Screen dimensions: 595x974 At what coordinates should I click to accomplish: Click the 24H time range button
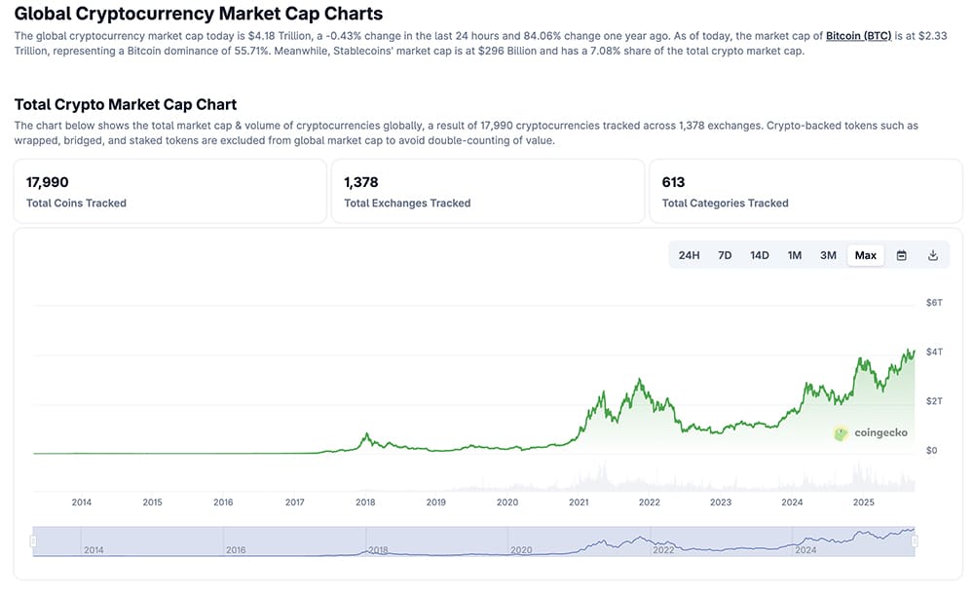[689, 255]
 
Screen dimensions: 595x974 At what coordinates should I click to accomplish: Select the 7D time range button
[725, 255]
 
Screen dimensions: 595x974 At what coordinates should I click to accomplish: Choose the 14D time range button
[760, 255]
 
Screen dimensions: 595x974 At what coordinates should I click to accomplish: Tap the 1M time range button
[795, 255]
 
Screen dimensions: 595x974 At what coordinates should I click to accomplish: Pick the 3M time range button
[828, 255]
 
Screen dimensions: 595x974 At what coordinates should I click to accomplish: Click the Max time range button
[865, 255]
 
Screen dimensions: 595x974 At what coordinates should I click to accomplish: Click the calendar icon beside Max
[902, 255]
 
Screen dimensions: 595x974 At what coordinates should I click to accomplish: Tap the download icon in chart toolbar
[933, 255]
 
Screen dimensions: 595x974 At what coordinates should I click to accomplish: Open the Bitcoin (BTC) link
[858, 36]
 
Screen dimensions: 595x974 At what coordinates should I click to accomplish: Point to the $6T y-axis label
[933, 303]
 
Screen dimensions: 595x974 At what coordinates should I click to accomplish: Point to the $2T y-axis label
[933, 401]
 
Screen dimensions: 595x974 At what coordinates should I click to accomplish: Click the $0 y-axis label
[931, 451]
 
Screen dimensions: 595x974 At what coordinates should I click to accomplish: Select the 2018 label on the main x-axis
[365, 502]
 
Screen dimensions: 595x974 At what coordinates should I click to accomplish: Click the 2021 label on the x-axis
[579, 502]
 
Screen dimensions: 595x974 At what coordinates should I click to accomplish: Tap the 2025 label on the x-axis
[863, 502]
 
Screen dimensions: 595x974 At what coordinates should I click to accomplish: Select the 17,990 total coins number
[47, 182]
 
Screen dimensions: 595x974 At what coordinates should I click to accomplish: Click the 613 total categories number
[673, 182]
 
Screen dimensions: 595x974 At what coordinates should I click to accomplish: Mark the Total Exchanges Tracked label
[407, 204]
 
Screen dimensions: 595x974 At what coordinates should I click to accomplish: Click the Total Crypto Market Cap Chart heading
[126, 104]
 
